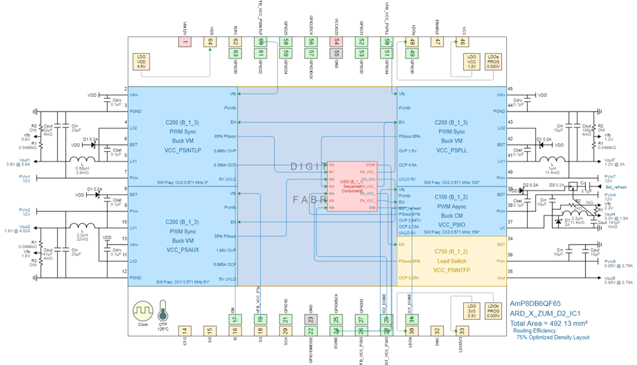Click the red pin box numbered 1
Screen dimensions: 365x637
click(185, 41)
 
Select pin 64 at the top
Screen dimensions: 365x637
click(210, 41)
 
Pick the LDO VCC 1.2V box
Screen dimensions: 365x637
click(472, 61)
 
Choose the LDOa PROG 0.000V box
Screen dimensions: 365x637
click(493, 61)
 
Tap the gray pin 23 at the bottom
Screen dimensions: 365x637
click(311, 319)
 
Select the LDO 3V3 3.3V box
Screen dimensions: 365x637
click(472, 310)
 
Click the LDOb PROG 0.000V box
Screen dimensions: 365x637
click(493, 310)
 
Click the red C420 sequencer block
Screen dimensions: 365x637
click(352, 186)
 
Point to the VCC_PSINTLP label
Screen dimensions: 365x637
click(182, 150)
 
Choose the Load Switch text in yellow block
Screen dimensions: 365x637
click(452, 260)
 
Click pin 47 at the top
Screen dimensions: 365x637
click(437, 41)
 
